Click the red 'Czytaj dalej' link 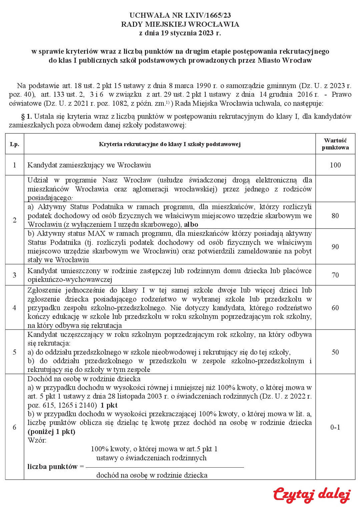[x=311, y=495]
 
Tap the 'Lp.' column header [x=14, y=144]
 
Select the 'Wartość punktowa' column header [x=335, y=144]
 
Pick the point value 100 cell [x=335, y=165]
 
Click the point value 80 [x=335, y=215]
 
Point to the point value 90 [x=335, y=246]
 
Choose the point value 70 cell [x=335, y=275]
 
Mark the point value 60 [x=335, y=308]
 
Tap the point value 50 [x=335, y=352]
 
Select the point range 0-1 [x=335, y=427]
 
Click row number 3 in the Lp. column [x=14, y=275]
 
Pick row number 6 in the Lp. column [x=14, y=427]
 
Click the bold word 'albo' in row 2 [x=191, y=224]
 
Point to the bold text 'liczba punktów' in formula [x=52, y=466]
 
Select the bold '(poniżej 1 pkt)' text [x=51, y=432]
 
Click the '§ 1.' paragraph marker [x=26, y=116]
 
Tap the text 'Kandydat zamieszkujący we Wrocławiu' [x=89, y=165]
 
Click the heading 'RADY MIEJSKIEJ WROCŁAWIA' [x=180, y=24]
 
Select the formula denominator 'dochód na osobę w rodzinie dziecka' [x=152, y=475]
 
